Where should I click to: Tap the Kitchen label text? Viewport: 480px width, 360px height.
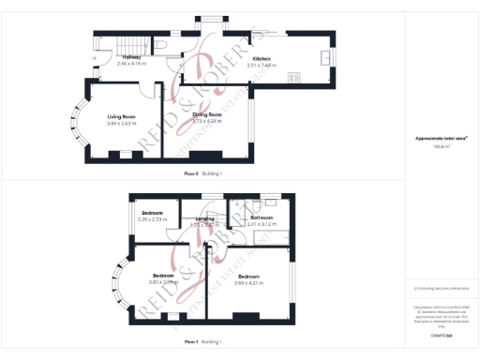coord(248,59)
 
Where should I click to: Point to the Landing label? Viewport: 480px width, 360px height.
coord(204,219)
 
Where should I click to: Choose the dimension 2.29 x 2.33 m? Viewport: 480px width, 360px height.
coord(152,219)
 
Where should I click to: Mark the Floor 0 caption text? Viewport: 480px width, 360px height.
coord(192,173)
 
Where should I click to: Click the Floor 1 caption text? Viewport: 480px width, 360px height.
coord(191,341)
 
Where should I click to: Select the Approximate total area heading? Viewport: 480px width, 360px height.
coord(441,139)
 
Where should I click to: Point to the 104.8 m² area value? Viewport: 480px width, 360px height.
coord(441,145)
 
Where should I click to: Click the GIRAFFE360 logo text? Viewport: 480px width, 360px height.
coord(441,334)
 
